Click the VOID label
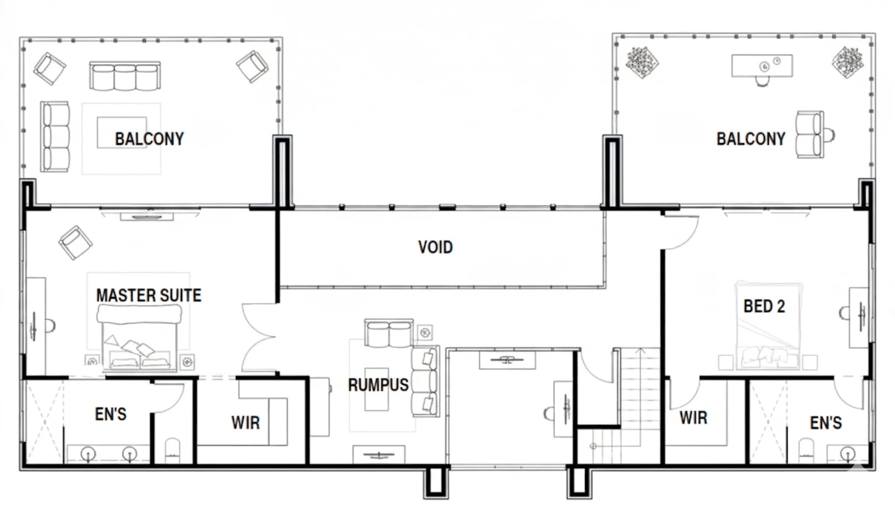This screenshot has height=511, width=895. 435,247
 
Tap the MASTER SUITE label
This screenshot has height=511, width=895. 148,295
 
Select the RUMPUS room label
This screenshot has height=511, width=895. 378,385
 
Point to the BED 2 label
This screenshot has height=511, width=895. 764,306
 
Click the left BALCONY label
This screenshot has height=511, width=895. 150,139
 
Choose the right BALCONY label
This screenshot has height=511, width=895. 751,139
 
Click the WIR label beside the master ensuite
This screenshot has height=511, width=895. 245,422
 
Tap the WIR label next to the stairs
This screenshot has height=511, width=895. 693,418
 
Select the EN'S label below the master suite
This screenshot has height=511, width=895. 111,414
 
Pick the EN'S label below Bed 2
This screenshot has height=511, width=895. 826,422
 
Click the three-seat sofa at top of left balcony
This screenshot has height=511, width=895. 125,76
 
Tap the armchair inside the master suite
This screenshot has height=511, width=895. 75,243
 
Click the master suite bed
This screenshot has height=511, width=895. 139,337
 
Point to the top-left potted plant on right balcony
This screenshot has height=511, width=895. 642,63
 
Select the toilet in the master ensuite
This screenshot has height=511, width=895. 173,450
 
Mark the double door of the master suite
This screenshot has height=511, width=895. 259,337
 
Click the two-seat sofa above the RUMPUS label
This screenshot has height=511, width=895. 389,333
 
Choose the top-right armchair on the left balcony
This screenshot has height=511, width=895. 252,66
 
